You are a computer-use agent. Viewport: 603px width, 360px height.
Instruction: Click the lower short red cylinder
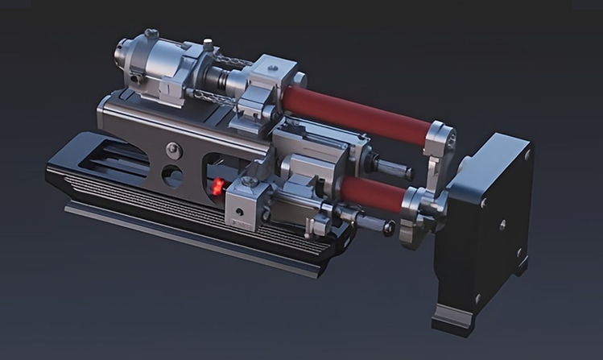pos(372,193)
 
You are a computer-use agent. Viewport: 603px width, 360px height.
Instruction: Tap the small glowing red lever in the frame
pos(217,188)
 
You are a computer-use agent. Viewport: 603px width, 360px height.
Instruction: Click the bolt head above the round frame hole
pos(171,147)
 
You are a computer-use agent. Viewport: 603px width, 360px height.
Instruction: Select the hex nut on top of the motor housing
pos(151,35)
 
